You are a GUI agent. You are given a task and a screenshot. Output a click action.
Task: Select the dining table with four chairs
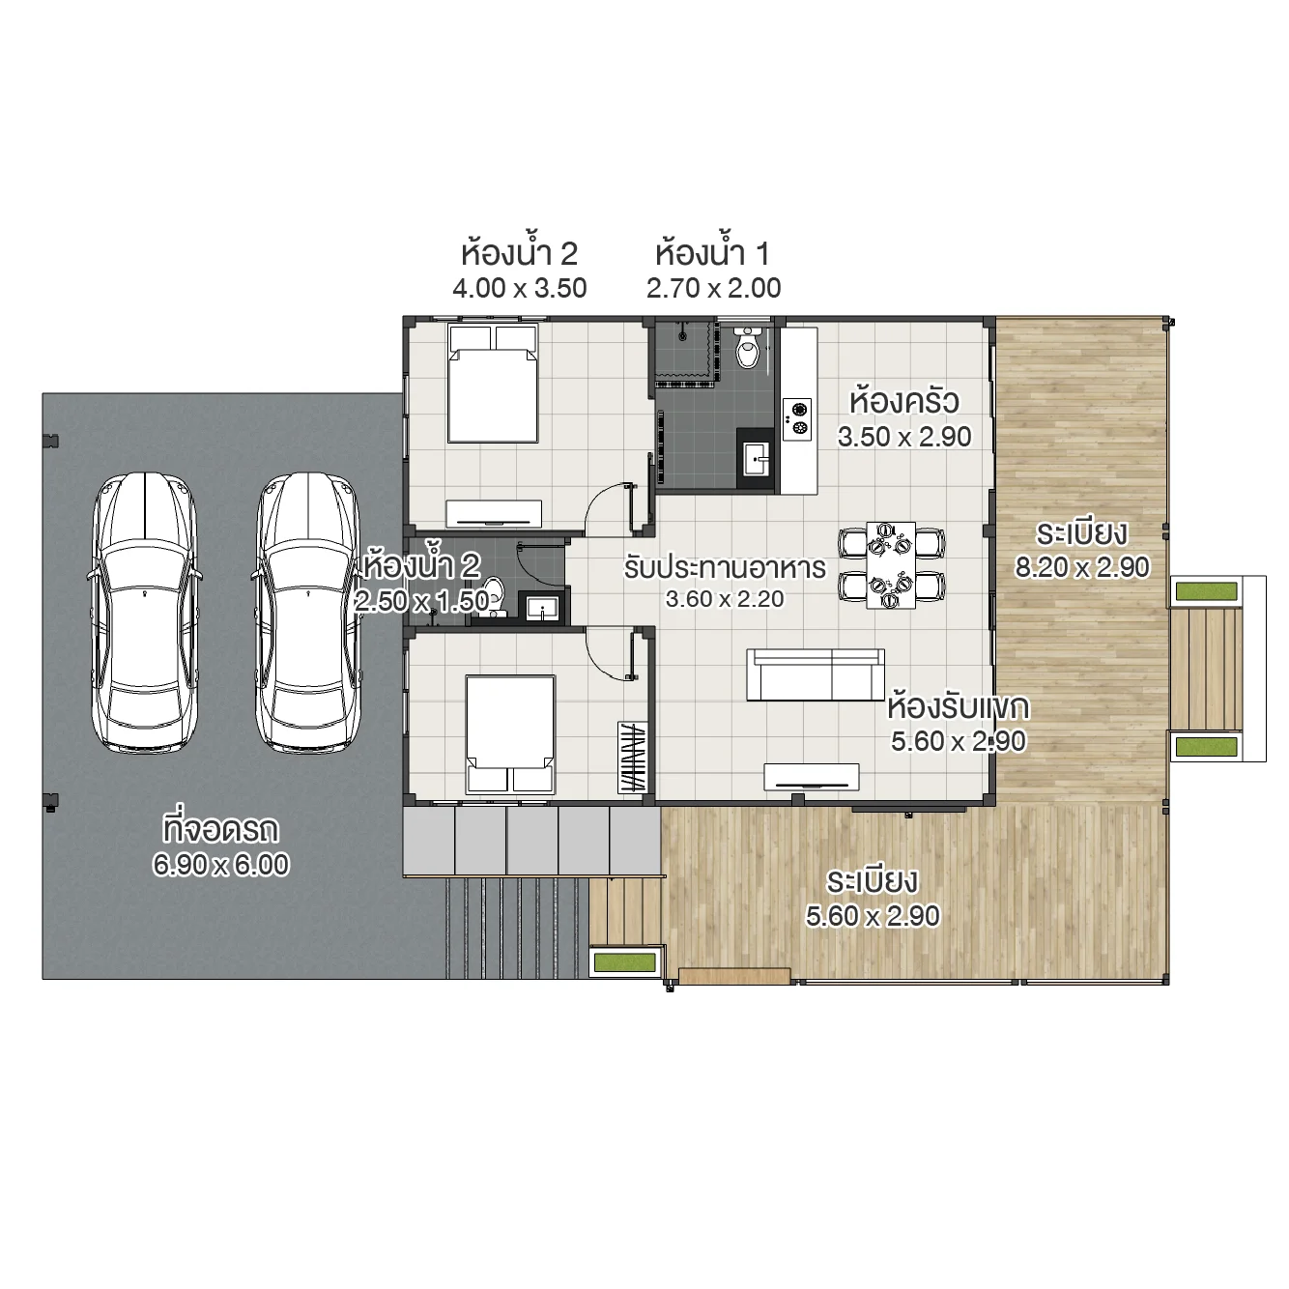(891, 565)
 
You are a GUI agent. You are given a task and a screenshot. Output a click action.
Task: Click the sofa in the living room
(815, 673)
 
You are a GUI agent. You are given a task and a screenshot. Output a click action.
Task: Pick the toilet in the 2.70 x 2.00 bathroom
(748, 349)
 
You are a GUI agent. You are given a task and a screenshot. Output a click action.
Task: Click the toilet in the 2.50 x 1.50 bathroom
(493, 595)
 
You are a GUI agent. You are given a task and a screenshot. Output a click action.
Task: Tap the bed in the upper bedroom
(493, 385)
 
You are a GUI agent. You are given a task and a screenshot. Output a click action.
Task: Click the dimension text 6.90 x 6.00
(221, 864)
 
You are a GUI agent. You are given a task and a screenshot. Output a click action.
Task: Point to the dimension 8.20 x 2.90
(1082, 567)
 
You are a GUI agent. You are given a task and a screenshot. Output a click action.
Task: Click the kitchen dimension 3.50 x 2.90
(904, 437)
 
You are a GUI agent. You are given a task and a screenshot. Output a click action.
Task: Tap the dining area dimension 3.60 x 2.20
(725, 599)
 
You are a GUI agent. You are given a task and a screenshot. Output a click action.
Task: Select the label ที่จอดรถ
(221, 829)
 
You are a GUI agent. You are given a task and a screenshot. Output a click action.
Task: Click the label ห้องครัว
(904, 401)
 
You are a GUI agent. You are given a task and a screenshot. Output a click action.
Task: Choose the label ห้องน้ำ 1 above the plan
(713, 254)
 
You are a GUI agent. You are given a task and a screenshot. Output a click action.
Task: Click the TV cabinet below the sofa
(812, 776)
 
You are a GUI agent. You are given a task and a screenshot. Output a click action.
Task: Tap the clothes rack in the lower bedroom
(632, 758)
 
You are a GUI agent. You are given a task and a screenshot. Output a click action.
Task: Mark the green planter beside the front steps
(625, 961)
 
